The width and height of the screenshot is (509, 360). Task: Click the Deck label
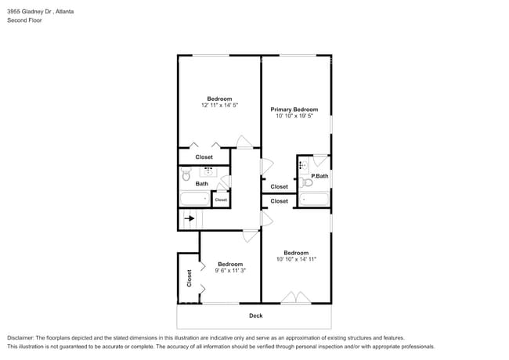click(x=255, y=315)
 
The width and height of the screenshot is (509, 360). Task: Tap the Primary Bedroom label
click(x=294, y=110)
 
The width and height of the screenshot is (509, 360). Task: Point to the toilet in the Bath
click(x=186, y=177)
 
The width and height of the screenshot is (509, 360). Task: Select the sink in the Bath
click(x=209, y=171)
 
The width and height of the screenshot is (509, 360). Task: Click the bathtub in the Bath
click(x=193, y=200)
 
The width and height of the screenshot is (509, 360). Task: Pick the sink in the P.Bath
click(x=303, y=166)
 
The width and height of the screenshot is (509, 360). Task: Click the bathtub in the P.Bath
click(x=315, y=199)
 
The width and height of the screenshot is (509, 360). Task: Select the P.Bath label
click(x=319, y=176)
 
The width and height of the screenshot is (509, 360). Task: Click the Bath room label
click(x=202, y=184)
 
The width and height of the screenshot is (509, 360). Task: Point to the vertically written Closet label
click(x=189, y=278)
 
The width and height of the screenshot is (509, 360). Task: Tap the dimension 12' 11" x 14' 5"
click(x=219, y=105)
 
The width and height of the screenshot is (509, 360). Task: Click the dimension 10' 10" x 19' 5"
click(x=294, y=116)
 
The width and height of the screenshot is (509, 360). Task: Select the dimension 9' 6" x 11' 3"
click(x=230, y=271)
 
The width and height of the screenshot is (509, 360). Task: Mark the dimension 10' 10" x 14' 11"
click(x=296, y=259)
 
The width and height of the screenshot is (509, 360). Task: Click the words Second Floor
click(x=25, y=20)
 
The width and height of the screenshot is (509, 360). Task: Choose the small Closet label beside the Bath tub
click(x=221, y=200)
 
